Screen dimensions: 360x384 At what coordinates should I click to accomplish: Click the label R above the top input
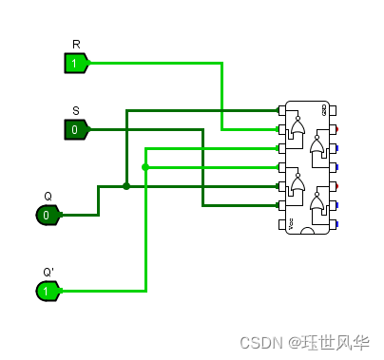click(76, 45)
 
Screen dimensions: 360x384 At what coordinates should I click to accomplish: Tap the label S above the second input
click(76, 111)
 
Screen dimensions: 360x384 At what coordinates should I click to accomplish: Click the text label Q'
click(48, 273)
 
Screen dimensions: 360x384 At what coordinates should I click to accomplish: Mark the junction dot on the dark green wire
click(126, 186)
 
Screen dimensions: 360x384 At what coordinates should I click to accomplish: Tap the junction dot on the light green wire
click(145, 167)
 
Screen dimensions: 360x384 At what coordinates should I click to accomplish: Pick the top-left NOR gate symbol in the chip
click(298, 130)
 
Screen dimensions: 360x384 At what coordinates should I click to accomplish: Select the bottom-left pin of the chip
click(281, 224)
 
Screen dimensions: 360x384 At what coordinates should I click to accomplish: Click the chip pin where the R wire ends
click(281, 129)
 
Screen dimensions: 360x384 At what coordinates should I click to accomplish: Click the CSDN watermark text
click(261, 342)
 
